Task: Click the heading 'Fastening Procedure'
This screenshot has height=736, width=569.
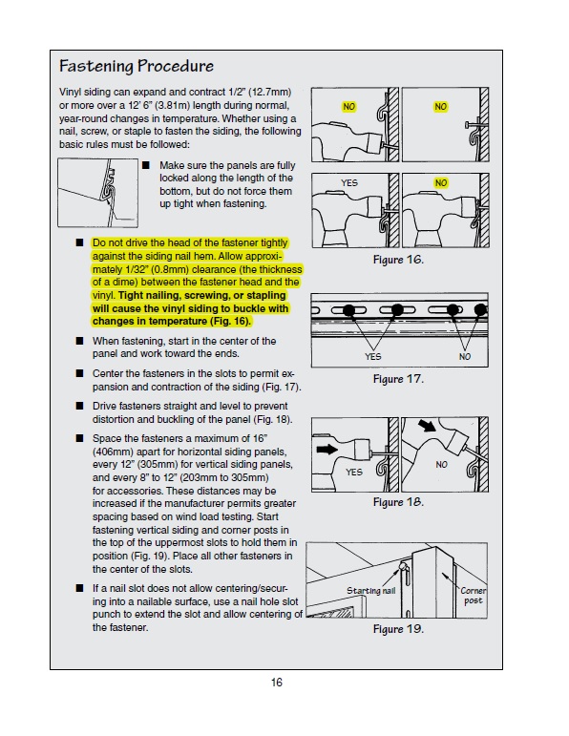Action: pos(137,66)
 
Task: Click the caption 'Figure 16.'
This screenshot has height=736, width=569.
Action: pos(398,260)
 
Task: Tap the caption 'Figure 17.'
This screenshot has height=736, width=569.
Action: pos(398,379)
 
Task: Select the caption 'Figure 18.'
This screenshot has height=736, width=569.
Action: pos(398,502)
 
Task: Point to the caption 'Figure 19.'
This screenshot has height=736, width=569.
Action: pos(398,629)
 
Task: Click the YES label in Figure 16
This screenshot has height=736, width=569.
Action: pos(349,183)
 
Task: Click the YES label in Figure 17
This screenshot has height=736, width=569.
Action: pos(373,357)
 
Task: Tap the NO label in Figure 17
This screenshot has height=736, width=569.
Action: pos(465,357)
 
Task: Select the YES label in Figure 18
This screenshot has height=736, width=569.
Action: pos(354,472)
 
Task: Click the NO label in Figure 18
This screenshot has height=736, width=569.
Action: pos(441,465)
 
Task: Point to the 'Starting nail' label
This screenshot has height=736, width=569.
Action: pos(370,591)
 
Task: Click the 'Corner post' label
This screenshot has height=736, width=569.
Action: pos(473,596)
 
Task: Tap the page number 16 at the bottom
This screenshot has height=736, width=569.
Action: pos(277,683)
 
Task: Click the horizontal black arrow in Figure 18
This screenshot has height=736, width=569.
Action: pos(327,450)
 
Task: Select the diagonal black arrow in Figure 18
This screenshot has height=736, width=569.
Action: pos(427,425)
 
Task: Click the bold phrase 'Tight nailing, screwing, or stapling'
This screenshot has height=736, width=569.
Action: pos(201,295)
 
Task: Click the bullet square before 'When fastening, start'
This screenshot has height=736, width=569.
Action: pos(80,341)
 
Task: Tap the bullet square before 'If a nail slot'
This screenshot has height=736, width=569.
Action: pos(80,588)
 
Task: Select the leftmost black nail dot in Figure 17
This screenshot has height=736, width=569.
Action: pos(348,310)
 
